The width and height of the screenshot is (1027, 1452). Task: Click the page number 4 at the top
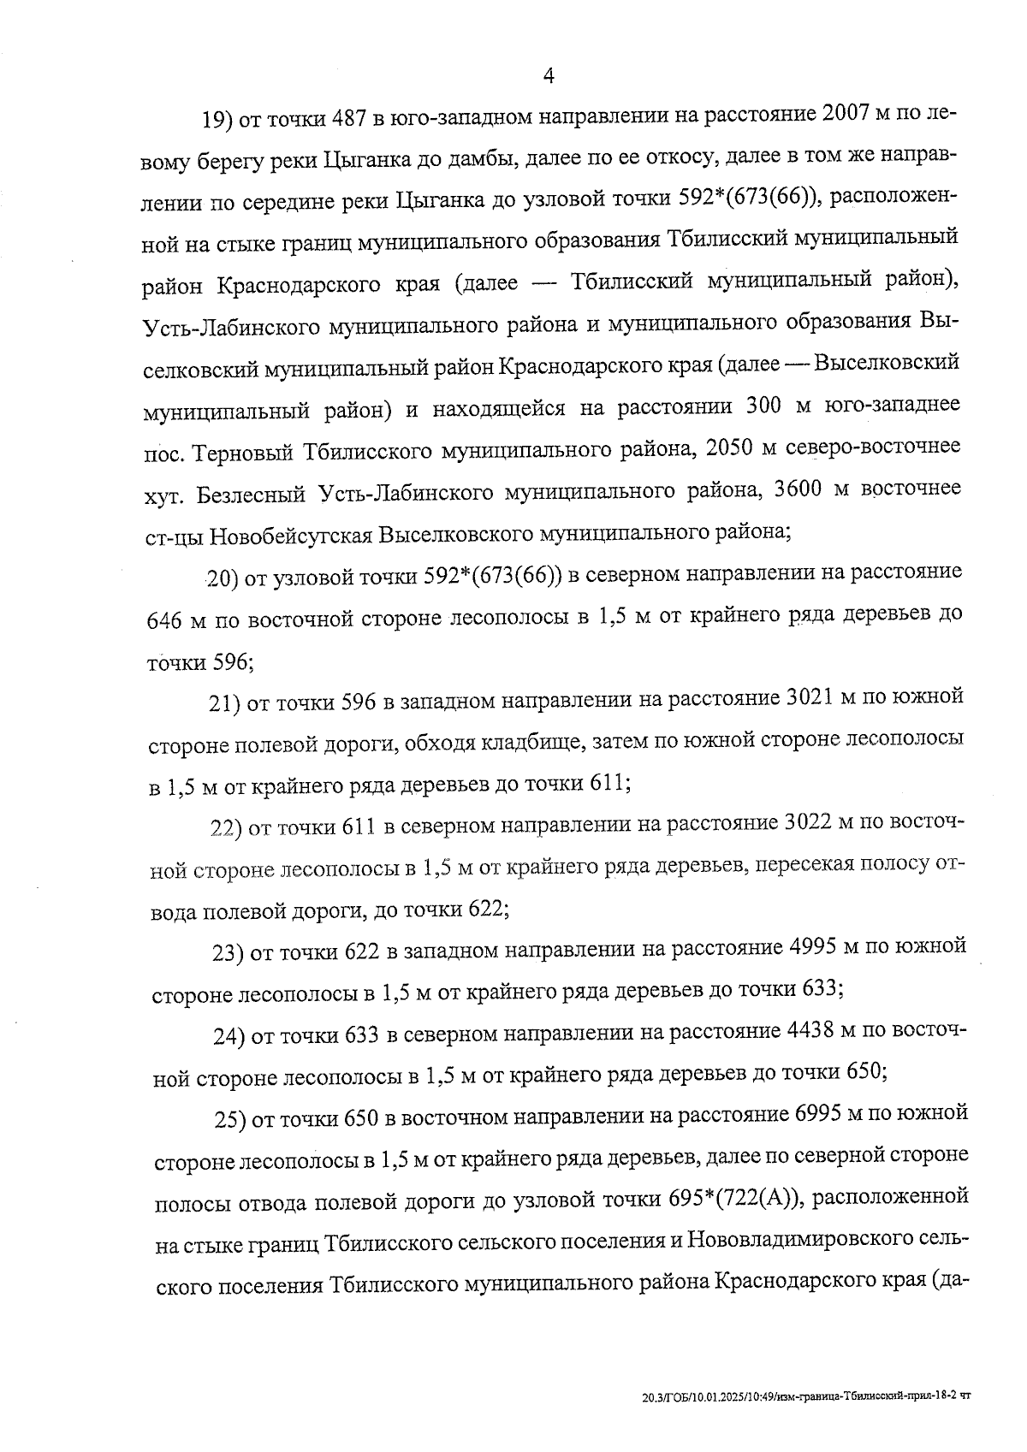tap(549, 76)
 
